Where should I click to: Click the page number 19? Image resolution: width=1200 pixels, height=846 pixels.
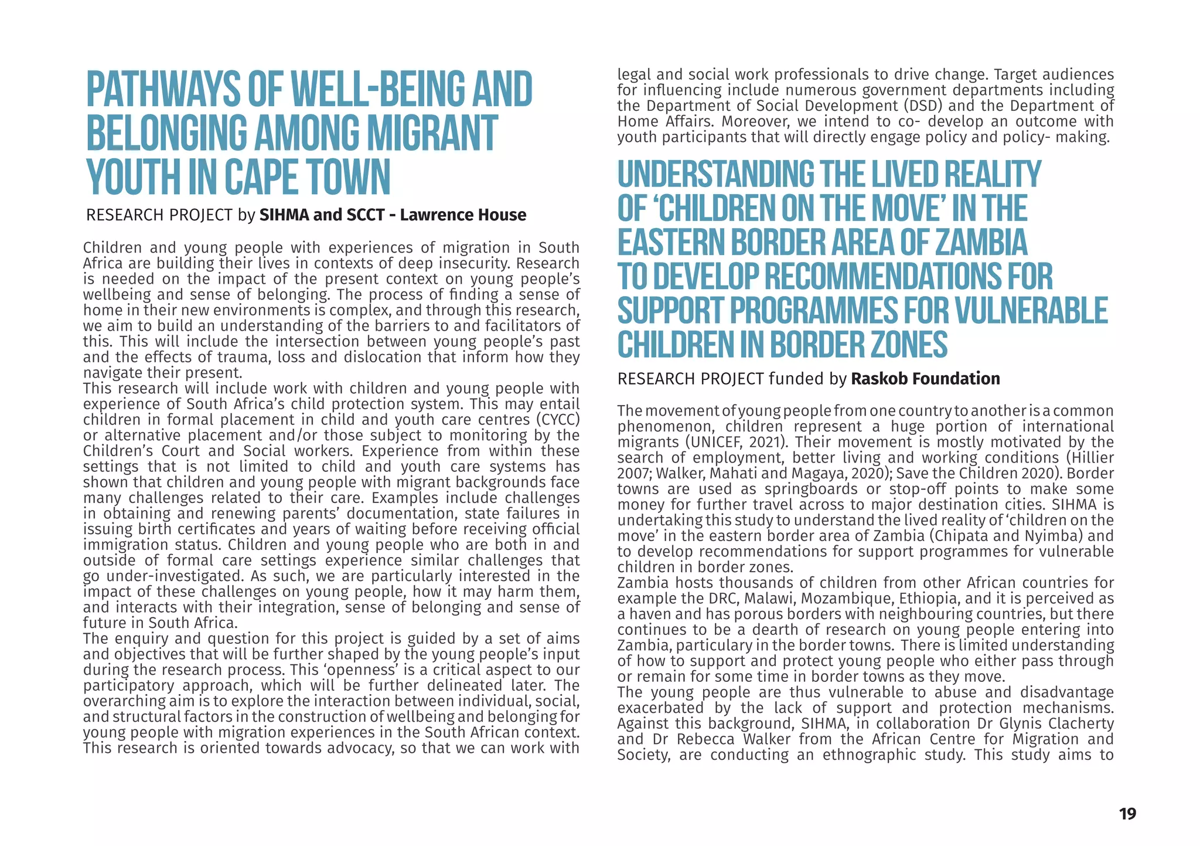tap(1127, 814)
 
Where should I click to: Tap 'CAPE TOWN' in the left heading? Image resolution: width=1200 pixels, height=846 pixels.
tap(307, 178)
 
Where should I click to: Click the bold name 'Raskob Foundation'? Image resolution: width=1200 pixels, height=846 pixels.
tap(925, 379)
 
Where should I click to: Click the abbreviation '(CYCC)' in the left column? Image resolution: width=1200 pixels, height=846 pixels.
tap(557, 420)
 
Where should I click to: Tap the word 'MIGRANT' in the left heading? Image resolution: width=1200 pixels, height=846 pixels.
tap(432, 134)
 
